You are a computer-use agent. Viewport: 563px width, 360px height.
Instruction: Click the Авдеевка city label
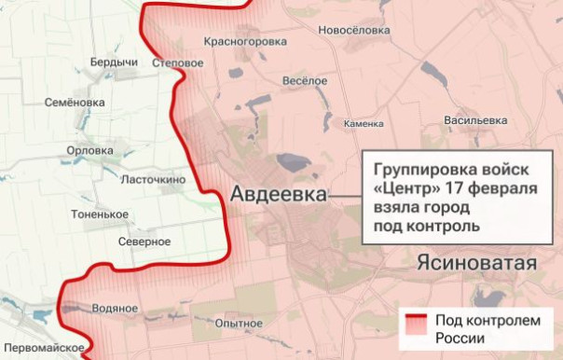click(x=278, y=195)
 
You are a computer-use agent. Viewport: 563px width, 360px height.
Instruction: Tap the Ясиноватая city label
click(x=478, y=263)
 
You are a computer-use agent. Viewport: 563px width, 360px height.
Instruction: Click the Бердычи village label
click(x=114, y=62)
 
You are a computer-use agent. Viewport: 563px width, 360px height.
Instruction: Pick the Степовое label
click(x=178, y=62)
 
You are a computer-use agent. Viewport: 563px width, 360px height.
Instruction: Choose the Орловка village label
click(x=91, y=150)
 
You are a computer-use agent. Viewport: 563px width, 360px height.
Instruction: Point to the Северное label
click(x=144, y=242)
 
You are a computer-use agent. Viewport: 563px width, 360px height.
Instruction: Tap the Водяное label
click(x=116, y=308)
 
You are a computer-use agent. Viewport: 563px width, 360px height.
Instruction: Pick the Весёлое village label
click(x=304, y=81)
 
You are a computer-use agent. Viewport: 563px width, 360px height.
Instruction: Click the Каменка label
click(x=364, y=123)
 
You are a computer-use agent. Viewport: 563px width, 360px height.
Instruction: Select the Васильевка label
click(x=475, y=120)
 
